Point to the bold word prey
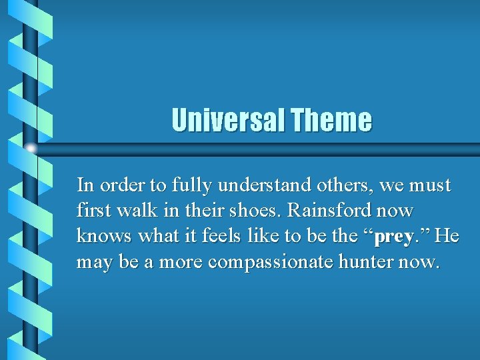point(395,237)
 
